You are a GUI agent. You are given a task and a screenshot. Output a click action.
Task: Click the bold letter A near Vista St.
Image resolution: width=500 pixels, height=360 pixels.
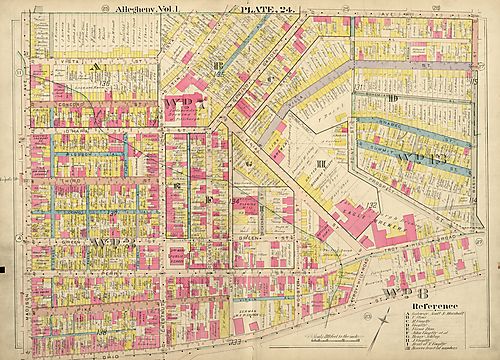[x=97, y=66]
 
